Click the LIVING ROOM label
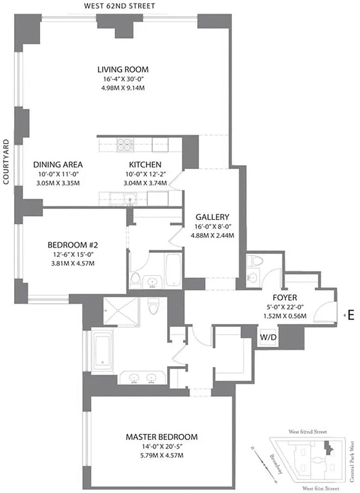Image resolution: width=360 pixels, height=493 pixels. pos(123,70)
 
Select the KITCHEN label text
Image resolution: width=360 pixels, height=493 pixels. pos(145,165)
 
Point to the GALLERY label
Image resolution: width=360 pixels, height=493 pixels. pos(212,217)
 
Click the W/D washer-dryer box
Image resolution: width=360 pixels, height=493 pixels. pos(268,338)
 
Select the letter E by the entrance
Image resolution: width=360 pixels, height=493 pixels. pos(351,315)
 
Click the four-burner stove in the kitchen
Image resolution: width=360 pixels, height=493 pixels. pos(125,145)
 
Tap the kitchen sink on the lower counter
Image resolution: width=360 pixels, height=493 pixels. pos(130,198)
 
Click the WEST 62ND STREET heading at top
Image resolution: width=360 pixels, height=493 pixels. pos(120,6)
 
